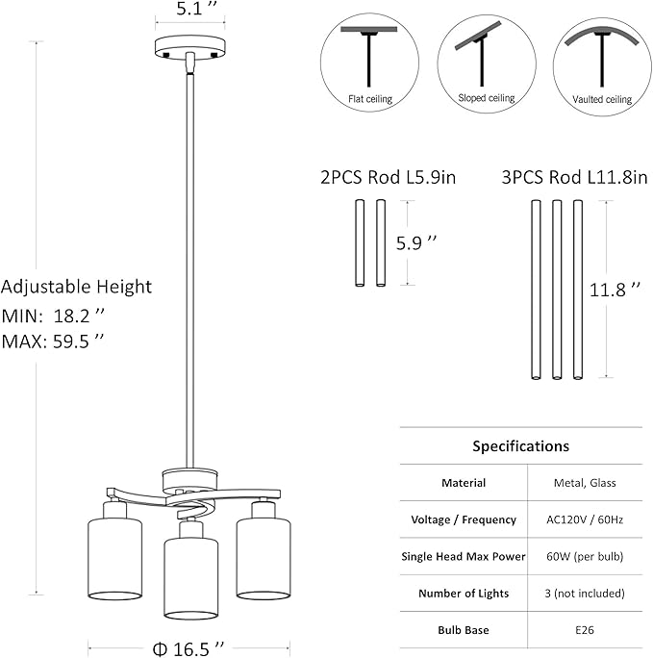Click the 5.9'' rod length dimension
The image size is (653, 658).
[x=423, y=243]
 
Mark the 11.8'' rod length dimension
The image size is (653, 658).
[x=615, y=289]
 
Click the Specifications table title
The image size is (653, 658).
[x=520, y=446]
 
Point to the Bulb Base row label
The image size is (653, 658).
[x=465, y=630]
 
